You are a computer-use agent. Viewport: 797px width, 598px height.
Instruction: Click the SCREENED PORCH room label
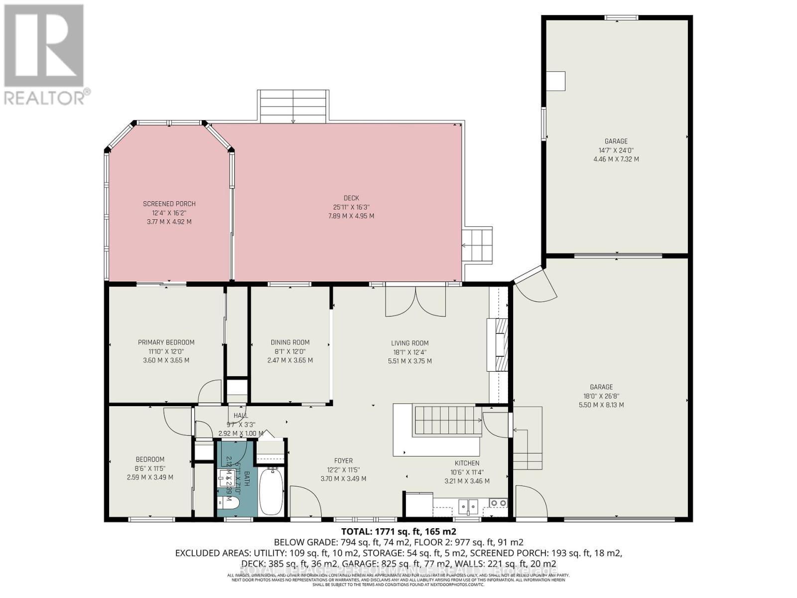(169, 204)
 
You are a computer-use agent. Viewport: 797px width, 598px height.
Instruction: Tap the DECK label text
(351, 198)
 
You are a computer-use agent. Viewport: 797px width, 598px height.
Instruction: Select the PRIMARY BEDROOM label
(166, 342)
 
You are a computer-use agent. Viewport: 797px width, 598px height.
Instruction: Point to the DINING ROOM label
(290, 342)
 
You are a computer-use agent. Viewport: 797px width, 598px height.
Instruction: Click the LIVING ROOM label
(409, 343)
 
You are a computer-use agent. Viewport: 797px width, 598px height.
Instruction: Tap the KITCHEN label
(467, 463)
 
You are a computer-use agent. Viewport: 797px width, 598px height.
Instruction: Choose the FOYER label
(343, 461)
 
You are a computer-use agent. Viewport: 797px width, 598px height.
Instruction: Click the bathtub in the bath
(271, 491)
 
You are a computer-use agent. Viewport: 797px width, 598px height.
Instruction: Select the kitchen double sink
(468, 506)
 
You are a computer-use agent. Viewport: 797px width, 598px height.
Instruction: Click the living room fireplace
(498, 344)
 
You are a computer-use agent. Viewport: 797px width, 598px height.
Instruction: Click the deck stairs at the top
(293, 106)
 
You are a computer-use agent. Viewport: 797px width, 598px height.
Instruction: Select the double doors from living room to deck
(415, 301)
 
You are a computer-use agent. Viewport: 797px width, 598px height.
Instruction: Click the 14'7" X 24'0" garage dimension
(616, 150)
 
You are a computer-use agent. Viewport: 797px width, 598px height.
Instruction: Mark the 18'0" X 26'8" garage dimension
(601, 396)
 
